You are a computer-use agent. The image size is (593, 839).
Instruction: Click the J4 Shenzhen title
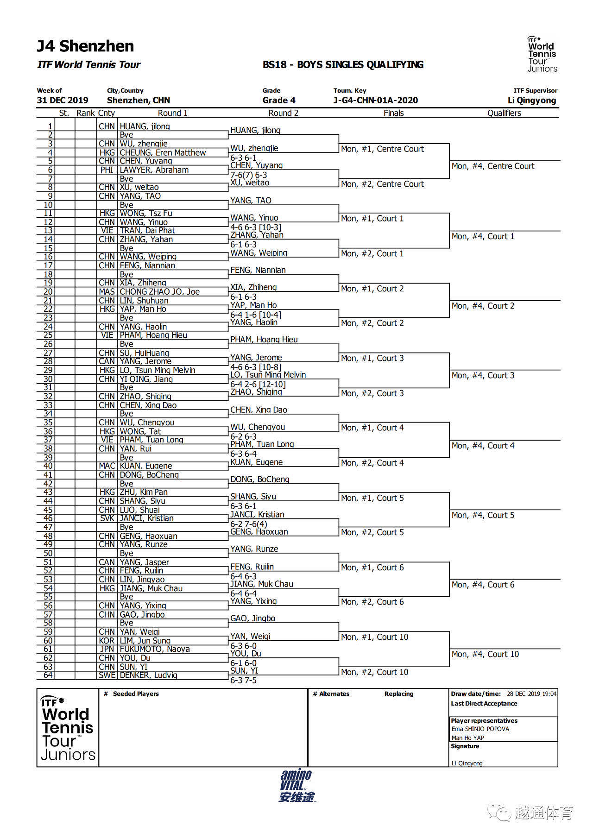pyautogui.click(x=85, y=46)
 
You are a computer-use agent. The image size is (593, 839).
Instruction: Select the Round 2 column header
pyautogui.click(x=283, y=113)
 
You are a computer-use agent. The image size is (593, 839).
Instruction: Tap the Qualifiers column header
pyautogui.click(x=504, y=113)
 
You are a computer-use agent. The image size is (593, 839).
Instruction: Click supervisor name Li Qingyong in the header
pyautogui.click(x=531, y=101)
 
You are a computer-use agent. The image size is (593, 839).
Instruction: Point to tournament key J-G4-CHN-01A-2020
pyautogui.click(x=375, y=101)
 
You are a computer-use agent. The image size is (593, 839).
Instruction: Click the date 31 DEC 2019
pyautogui.click(x=63, y=101)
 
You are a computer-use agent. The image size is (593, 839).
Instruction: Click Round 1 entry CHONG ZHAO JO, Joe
pyautogui.click(x=159, y=292)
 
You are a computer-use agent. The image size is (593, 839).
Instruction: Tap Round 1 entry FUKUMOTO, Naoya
pyautogui.click(x=154, y=649)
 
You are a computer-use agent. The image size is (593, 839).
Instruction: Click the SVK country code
pyautogui.click(x=107, y=518)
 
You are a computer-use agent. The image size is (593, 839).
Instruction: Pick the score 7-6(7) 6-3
pyautogui.click(x=249, y=175)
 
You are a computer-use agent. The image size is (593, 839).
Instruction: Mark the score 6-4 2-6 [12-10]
pyautogui.click(x=258, y=384)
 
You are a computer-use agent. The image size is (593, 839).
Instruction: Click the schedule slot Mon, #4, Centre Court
pyautogui.click(x=493, y=166)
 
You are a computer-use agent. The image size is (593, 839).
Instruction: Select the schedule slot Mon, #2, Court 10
pyautogui.click(x=374, y=672)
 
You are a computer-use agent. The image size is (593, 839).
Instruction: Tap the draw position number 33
pyautogui.click(x=48, y=405)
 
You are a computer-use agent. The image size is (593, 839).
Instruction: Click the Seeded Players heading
pyautogui.click(x=136, y=694)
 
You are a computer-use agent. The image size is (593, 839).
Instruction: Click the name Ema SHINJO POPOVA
pyautogui.click(x=480, y=729)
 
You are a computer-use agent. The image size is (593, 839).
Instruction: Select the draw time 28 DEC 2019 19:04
pyautogui.click(x=531, y=694)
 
